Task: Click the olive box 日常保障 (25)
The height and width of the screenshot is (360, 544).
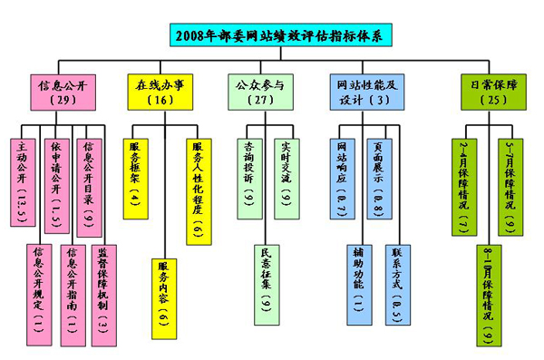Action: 481,90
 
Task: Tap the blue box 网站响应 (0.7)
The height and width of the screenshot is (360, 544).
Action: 343,177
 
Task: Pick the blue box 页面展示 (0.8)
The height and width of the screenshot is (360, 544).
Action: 378,177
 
